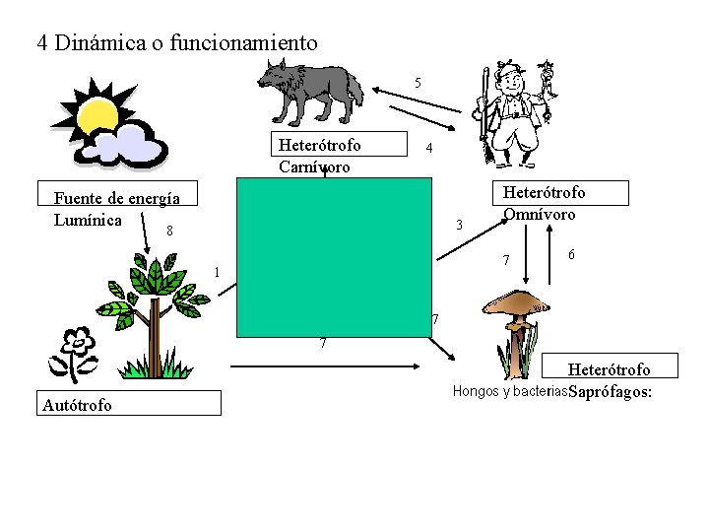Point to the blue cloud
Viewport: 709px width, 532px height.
point(136,145)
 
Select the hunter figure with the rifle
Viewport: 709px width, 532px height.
point(512,113)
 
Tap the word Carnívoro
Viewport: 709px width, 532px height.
point(314,166)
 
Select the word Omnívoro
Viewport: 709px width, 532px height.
point(539,213)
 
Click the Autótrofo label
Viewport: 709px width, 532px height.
point(78,404)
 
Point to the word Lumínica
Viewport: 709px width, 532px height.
point(88,219)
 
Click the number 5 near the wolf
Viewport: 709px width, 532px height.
point(419,83)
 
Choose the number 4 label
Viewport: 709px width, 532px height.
point(426,149)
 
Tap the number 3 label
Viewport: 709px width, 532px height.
point(459,226)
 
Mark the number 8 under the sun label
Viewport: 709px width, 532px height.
point(169,233)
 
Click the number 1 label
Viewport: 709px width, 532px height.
point(218,272)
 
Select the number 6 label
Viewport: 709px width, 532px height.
point(572,255)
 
